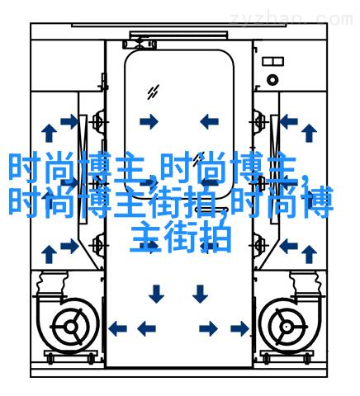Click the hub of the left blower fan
(x=71, y=327)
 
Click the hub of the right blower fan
(x=287, y=327)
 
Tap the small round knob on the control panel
(x=272, y=80)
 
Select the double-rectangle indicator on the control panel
(x=272, y=61)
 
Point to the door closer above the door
(x=140, y=45)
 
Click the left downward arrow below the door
(x=156, y=294)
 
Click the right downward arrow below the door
(x=200, y=294)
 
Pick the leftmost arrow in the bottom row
(x=118, y=328)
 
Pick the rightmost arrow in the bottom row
(x=239, y=328)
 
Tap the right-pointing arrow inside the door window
(x=149, y=121)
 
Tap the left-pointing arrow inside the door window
(x=209, y=121)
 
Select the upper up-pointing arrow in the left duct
(x=49, y=133)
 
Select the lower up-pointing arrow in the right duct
(x=309, y=254)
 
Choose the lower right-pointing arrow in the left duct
(x=70, y=246)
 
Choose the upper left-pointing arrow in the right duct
(x=288, y=121)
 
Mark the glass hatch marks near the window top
(x=153, y=92)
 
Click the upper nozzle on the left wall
(x=98, y=121)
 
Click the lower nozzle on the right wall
(x=258, y=243)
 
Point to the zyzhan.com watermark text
(x=291, y=19)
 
